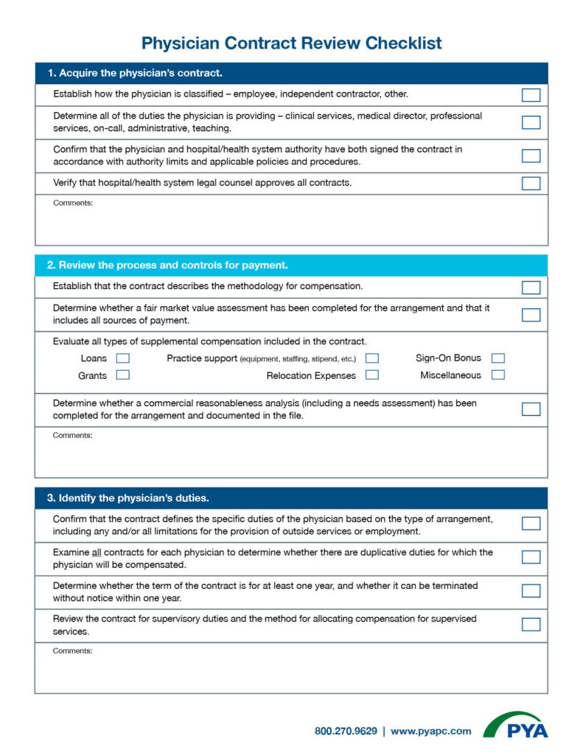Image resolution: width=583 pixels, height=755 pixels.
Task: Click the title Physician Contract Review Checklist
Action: [291, 43]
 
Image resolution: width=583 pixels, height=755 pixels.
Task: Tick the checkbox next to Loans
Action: [123, 358]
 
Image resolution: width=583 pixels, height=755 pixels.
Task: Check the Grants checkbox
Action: [123, 375]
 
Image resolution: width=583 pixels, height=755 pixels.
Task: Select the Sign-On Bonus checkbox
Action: [498, 358]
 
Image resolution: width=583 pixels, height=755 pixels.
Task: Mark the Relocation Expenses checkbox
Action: [372, 375]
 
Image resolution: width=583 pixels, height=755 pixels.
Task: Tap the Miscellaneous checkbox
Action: [498, 375]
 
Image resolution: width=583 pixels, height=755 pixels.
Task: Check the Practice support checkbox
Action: [372, 358]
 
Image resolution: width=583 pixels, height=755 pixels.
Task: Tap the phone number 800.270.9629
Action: [346, 731]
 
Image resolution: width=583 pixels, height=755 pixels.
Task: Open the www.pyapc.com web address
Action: [430, 731]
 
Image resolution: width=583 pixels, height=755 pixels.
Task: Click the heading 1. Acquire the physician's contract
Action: [135, 73]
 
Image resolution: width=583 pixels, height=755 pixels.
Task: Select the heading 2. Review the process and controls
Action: [167, 265]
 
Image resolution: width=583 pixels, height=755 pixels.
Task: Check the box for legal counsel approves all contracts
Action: [531, 184]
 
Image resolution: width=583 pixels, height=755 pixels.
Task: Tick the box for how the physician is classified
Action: [531, 95]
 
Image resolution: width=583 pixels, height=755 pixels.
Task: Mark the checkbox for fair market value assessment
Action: [531, 315]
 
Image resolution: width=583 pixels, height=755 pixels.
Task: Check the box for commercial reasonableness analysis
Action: [531, 409]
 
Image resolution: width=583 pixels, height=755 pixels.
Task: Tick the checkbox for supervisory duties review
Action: [531, 624]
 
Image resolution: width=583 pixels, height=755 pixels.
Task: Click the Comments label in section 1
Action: [73, 203]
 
